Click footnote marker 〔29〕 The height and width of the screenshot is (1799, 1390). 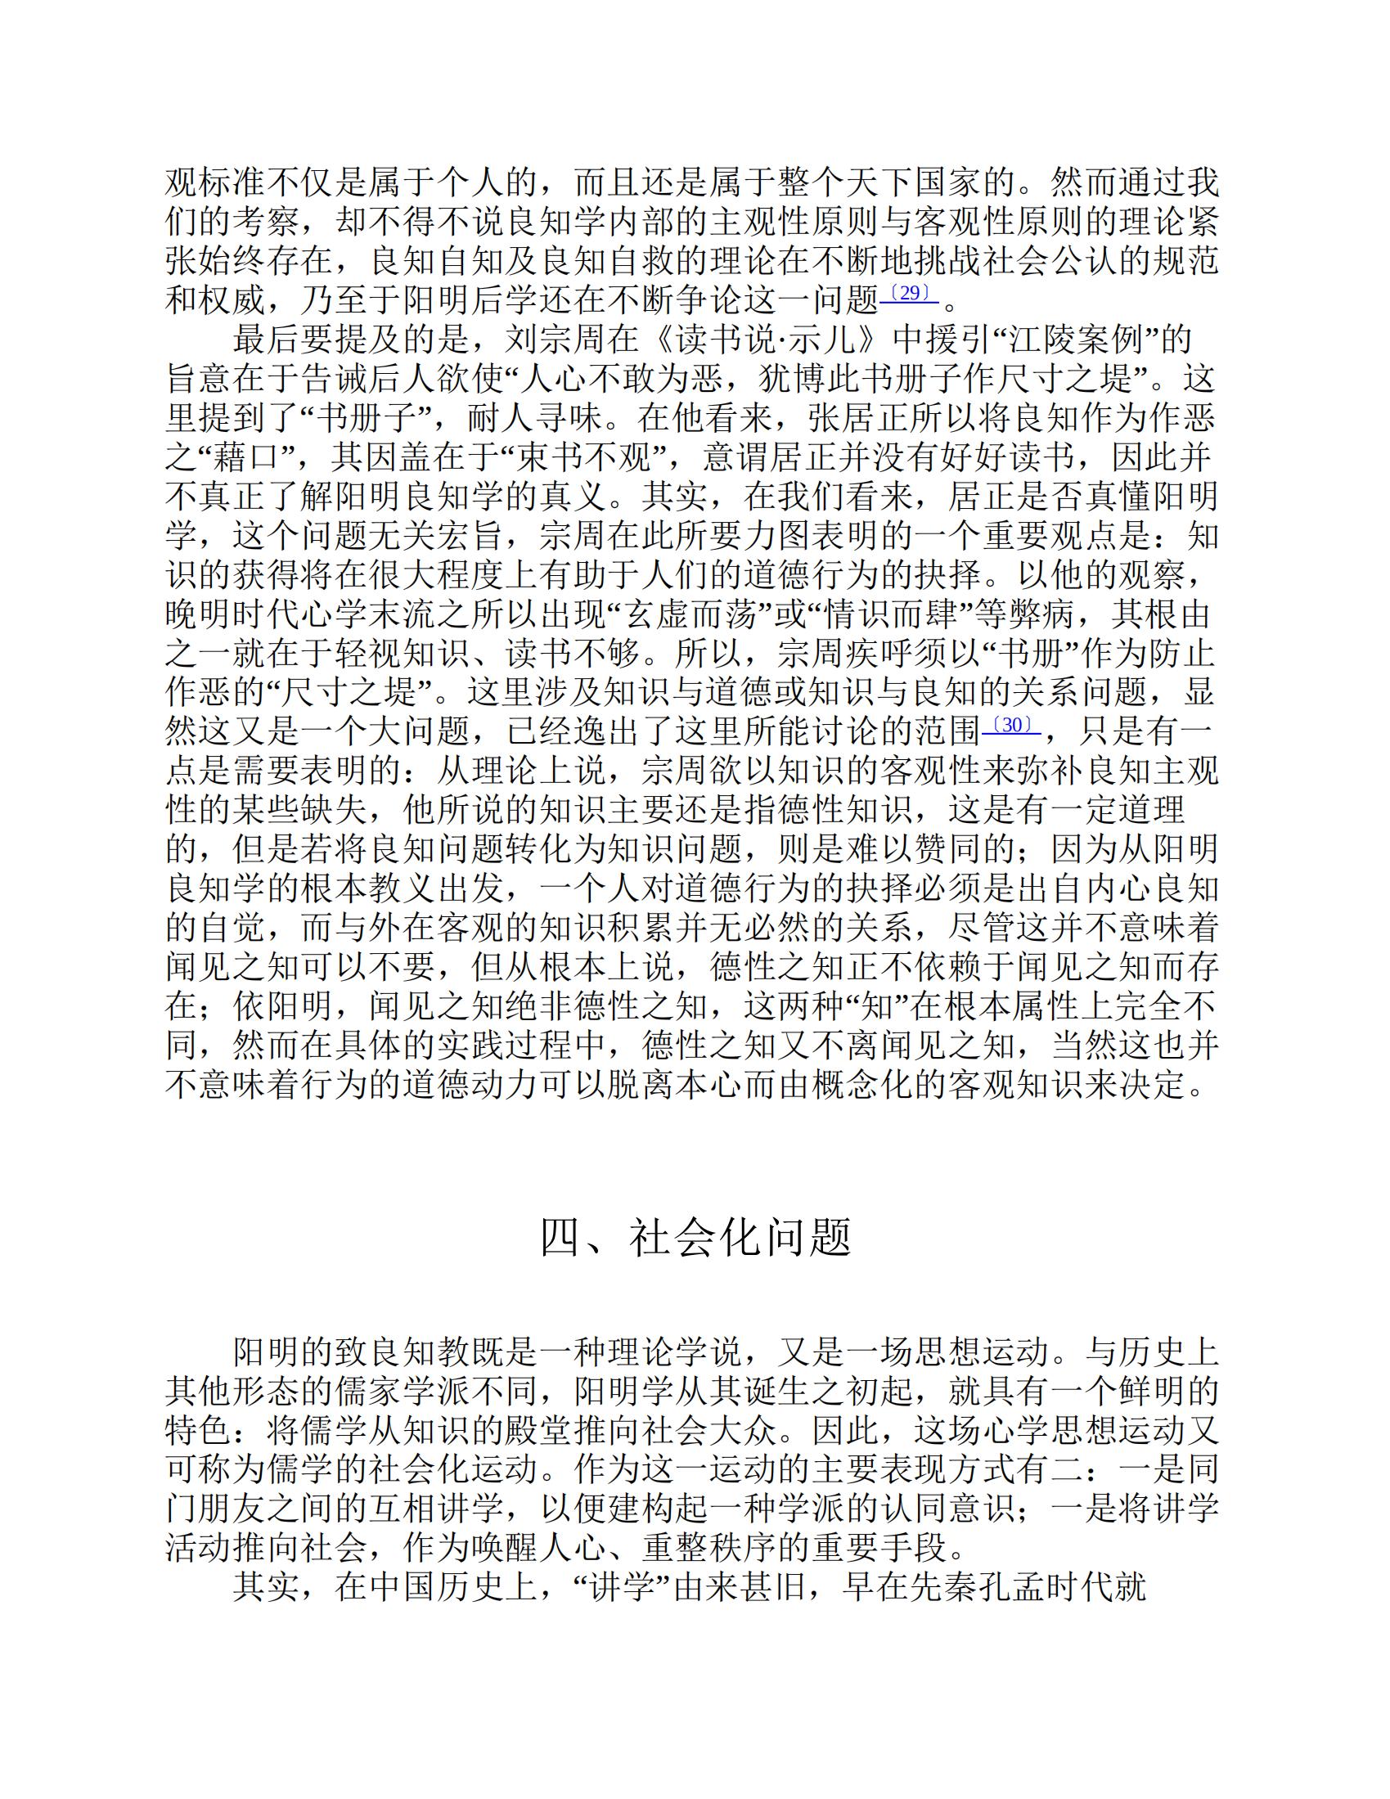pos(910,294)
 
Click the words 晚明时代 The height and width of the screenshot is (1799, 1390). pos(232,614)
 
